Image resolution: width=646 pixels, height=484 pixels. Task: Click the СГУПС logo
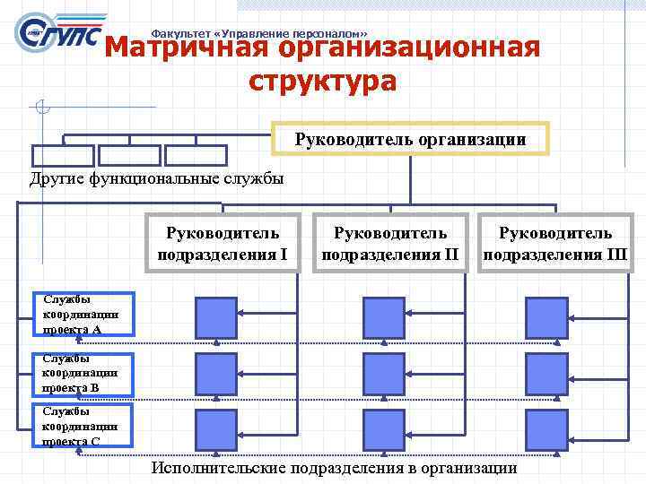click(x=58, y=34)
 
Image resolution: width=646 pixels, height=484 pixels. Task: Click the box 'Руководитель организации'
click(x=410, y=139)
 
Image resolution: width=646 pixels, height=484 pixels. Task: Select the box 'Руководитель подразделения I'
click(x=222, y=244)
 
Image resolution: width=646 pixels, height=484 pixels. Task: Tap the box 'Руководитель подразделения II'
click(x=389, y=244)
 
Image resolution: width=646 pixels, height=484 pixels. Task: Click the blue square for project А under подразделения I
click(x=216, y=316)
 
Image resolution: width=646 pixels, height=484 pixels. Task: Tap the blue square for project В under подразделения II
click(x=383, y=374)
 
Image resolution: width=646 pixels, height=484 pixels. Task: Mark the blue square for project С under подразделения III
click(x=546, y=430)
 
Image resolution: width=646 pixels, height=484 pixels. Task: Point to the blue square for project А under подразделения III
click(x=546, y=316)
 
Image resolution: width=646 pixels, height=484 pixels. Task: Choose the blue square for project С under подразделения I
click(x=216, y=430)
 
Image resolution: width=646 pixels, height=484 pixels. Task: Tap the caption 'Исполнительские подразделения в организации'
click(x=334, y=468)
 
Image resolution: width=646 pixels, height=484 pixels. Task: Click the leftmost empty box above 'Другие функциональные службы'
click(x=62, y=155)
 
